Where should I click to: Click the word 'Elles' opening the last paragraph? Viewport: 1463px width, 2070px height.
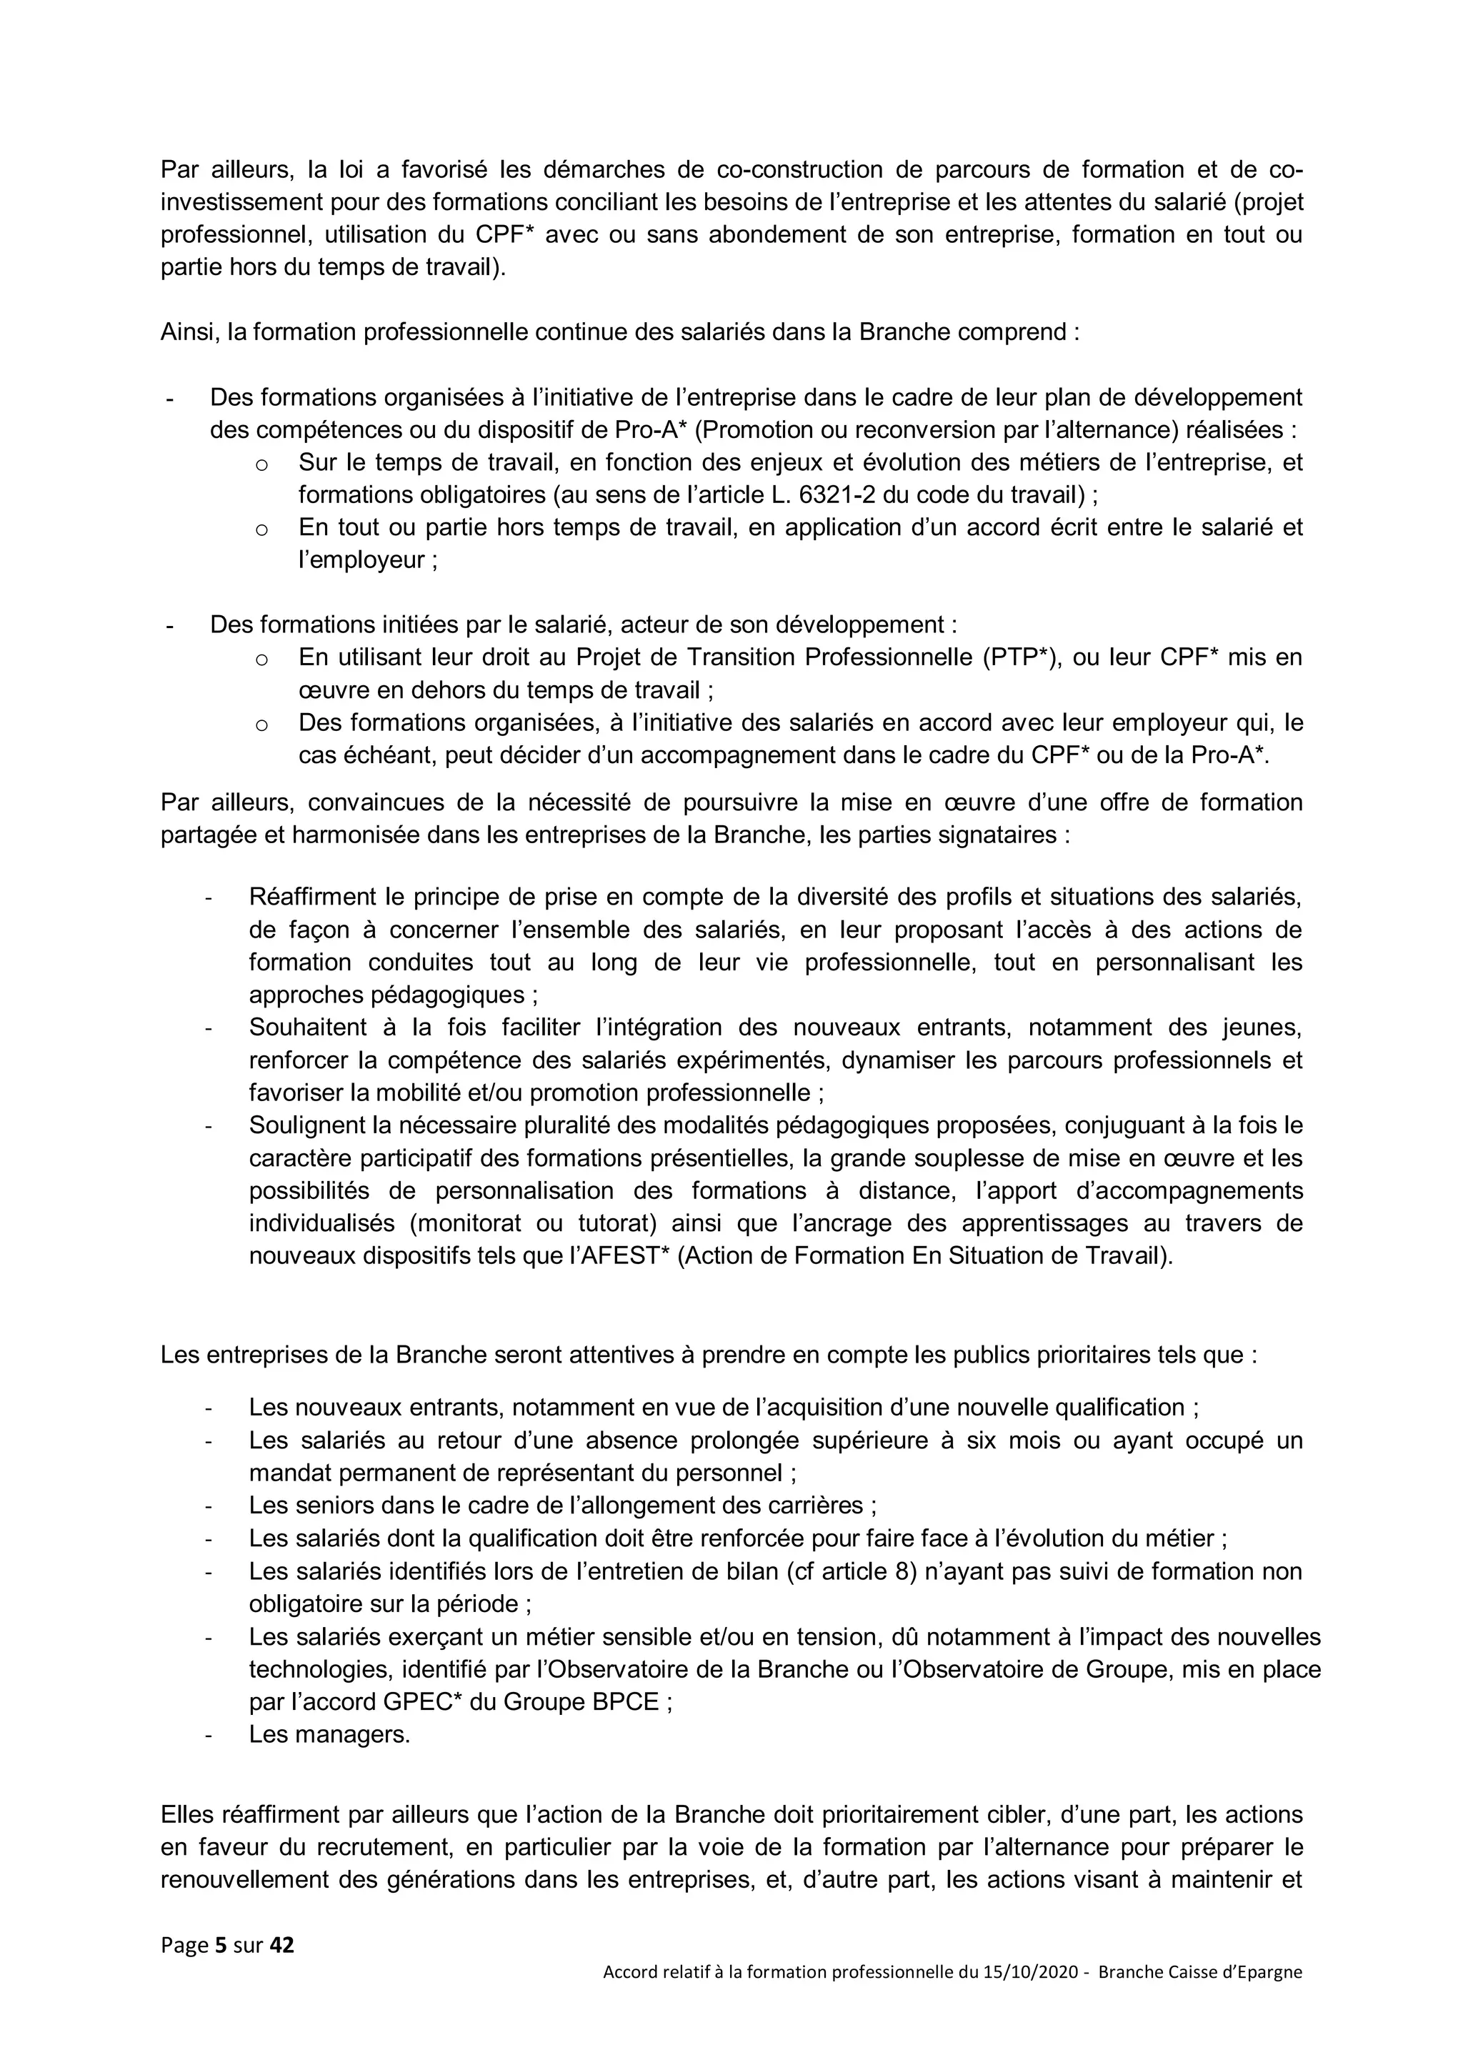click(x=186, y=1815)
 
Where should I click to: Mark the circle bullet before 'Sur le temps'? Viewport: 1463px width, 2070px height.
click(x=261, y=465)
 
